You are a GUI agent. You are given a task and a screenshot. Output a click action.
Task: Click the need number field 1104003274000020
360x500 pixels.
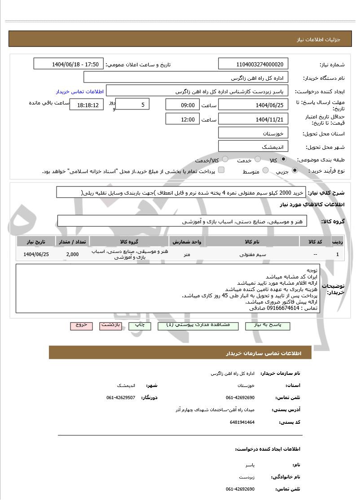[254, 64]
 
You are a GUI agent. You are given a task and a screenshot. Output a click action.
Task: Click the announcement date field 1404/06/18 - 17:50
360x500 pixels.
[69, 64]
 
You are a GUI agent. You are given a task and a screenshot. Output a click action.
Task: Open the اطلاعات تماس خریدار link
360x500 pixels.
[80, 91]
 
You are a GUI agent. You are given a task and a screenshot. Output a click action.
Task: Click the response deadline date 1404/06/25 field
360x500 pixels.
[254, 105]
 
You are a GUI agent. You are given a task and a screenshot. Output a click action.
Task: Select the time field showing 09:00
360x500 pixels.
[182, 105]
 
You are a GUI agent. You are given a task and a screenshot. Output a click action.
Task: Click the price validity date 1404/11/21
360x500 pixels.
[254, 119]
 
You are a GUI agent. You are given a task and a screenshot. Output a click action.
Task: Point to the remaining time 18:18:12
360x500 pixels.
[87, 105]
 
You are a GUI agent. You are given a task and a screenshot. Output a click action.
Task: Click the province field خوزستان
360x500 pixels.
[254, 134]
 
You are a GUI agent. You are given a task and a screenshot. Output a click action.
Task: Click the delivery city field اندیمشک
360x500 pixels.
[254, 147]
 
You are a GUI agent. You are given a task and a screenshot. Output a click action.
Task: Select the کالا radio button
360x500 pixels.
[283, 159]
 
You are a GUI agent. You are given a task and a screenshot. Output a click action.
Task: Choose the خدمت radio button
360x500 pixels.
[258, 159]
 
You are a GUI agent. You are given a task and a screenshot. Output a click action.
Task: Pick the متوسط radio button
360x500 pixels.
[265, 170]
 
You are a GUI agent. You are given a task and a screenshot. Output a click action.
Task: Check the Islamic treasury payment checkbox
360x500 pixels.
[221, 170]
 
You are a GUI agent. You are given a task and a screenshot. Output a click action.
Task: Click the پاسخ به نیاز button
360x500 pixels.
[268, 326]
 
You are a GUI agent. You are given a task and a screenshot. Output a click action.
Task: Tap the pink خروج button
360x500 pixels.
[81, 326]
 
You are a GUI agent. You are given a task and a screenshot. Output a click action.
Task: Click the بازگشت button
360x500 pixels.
[110, 326]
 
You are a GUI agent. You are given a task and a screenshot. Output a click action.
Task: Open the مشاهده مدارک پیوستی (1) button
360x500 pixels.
[198, 326]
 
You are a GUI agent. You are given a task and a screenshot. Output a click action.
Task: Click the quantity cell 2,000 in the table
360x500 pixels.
[72, 254]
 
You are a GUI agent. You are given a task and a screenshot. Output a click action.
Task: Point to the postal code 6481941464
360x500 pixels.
[242, 422]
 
